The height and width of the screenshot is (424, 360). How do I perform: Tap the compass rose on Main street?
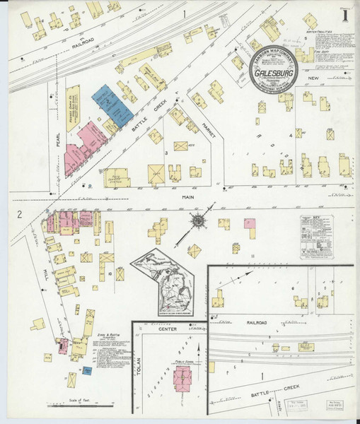(x=199, y=220)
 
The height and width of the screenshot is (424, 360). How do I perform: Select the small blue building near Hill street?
(x=86, y=371)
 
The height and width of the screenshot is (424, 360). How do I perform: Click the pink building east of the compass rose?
(x=250, y=223)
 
